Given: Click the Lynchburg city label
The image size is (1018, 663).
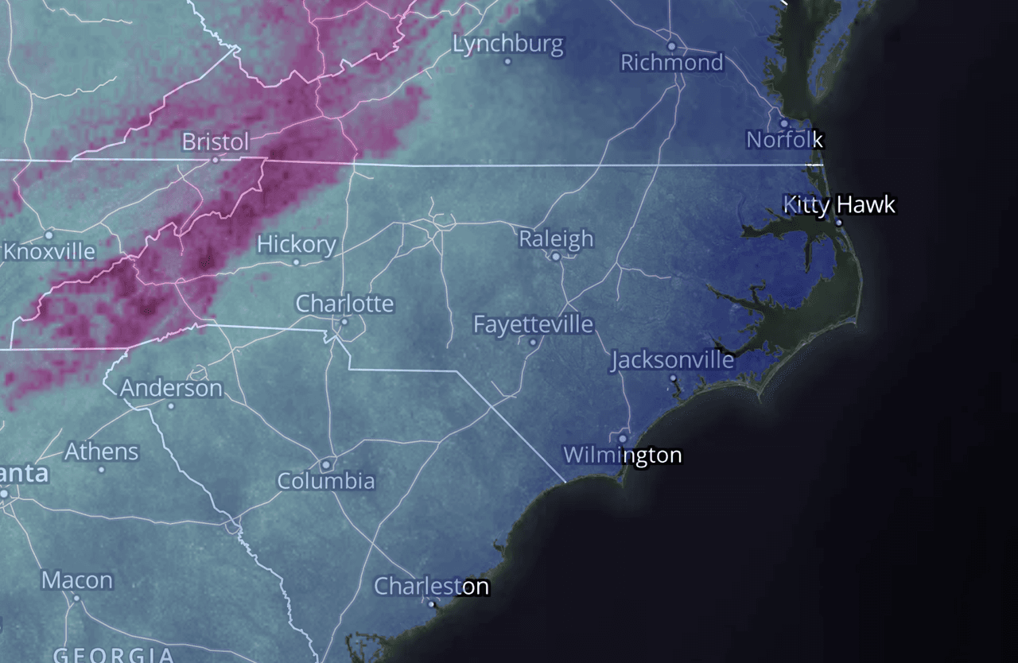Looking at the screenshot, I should click(507, 44).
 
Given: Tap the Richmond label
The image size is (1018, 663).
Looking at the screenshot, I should click(672, 62).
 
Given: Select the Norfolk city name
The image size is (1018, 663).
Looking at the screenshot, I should click(784, 140).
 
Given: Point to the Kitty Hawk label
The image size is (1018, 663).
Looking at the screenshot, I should click(839, 204).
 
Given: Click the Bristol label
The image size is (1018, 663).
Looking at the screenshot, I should click(216, 142).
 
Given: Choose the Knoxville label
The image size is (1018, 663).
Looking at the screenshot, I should click(49, 252).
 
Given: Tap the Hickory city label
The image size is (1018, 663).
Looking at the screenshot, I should click(297, 244).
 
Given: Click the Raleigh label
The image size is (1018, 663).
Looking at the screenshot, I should click(556, 238).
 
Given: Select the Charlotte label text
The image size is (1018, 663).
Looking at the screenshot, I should click(344, 304).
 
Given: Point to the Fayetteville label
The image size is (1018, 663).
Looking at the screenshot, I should click(533, 324).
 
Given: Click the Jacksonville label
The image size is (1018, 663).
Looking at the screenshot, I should click(672, 360).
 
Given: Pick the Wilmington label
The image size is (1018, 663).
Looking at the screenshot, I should click(623, 455).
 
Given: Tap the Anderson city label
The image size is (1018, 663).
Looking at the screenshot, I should click(171, 388).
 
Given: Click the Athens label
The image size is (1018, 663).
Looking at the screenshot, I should click(101, 452).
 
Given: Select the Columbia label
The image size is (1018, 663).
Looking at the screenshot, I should click(326, 481).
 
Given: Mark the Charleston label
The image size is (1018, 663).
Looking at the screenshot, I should click(431, 587).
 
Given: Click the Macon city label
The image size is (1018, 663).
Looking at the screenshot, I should click(76, 580).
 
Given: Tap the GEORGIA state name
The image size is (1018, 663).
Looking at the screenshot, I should click(113, 655).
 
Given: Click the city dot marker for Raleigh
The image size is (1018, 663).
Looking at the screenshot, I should click(556, 257).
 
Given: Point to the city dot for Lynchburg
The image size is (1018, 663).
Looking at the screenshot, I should click(507, 61).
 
